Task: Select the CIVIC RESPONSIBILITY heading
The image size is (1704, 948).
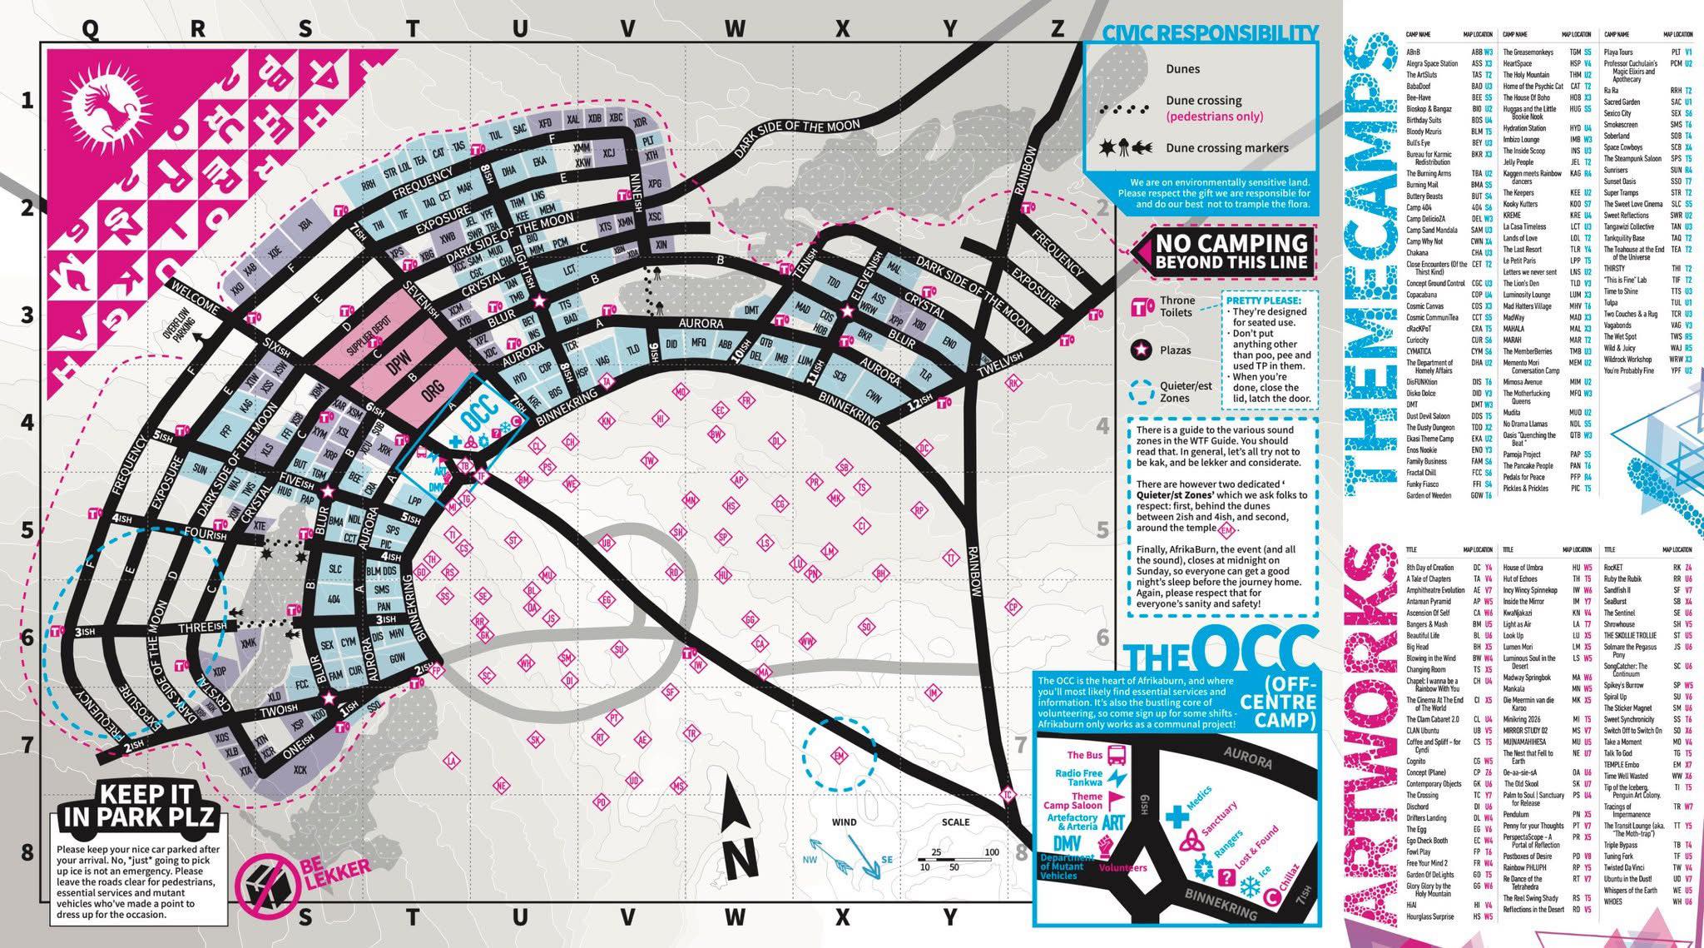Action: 1210,33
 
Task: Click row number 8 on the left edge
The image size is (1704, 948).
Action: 27,852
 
